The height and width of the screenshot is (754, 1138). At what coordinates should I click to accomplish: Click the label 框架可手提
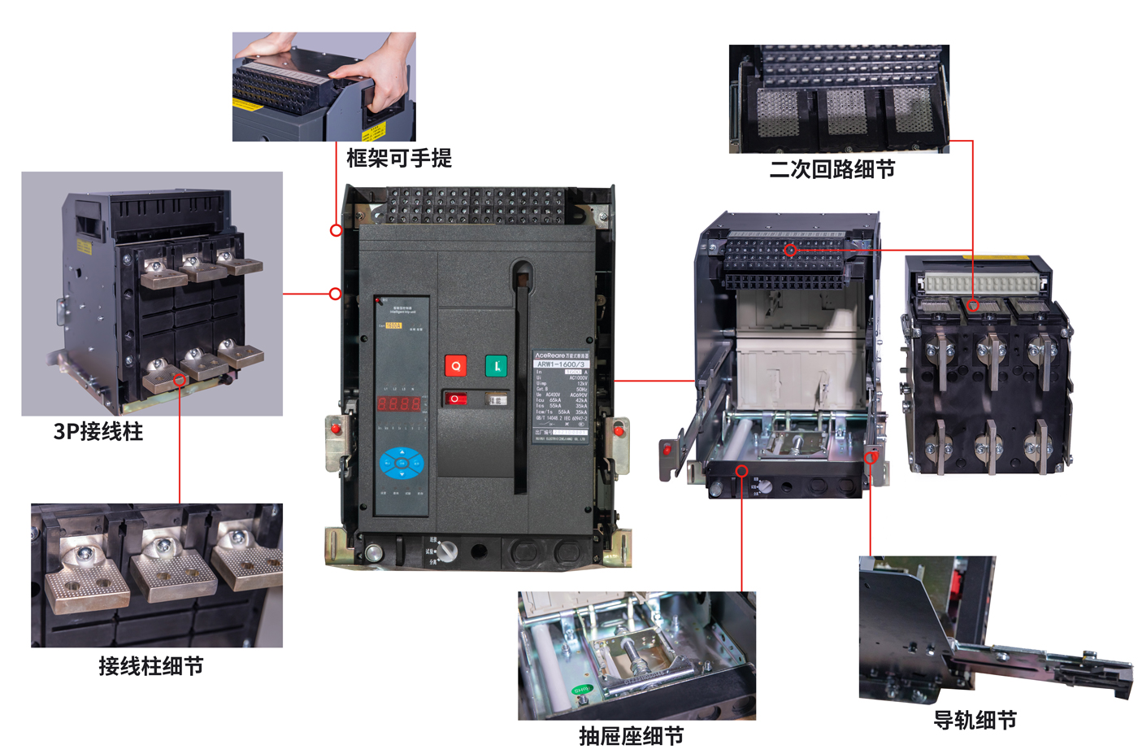pos(398,158)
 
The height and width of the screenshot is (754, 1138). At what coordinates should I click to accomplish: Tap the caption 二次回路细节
pos(832,169)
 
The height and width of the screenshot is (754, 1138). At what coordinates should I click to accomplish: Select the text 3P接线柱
pos(98,431)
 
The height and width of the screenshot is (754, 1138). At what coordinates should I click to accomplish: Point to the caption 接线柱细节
pos(151,666)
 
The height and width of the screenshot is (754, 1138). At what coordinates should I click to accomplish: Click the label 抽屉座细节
pos(632,736)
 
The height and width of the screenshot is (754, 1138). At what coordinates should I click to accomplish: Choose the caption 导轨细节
pos(975,720)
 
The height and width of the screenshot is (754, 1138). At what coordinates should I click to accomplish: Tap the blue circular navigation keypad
pos(402,463)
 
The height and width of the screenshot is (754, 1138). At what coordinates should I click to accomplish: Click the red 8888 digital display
pos(399,403)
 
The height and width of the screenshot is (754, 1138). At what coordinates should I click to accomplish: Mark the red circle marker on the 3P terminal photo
pos(180,380)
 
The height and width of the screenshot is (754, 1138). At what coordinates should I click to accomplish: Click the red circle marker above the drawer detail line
pos(741,471)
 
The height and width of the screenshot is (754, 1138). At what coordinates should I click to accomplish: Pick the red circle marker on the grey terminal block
pos(790,250)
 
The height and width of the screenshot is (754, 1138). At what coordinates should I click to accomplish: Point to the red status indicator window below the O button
pos(455,399)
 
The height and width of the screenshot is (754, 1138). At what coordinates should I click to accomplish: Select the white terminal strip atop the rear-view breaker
pos(981,283)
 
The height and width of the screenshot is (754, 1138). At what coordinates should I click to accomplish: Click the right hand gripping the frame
pos(378,81)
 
